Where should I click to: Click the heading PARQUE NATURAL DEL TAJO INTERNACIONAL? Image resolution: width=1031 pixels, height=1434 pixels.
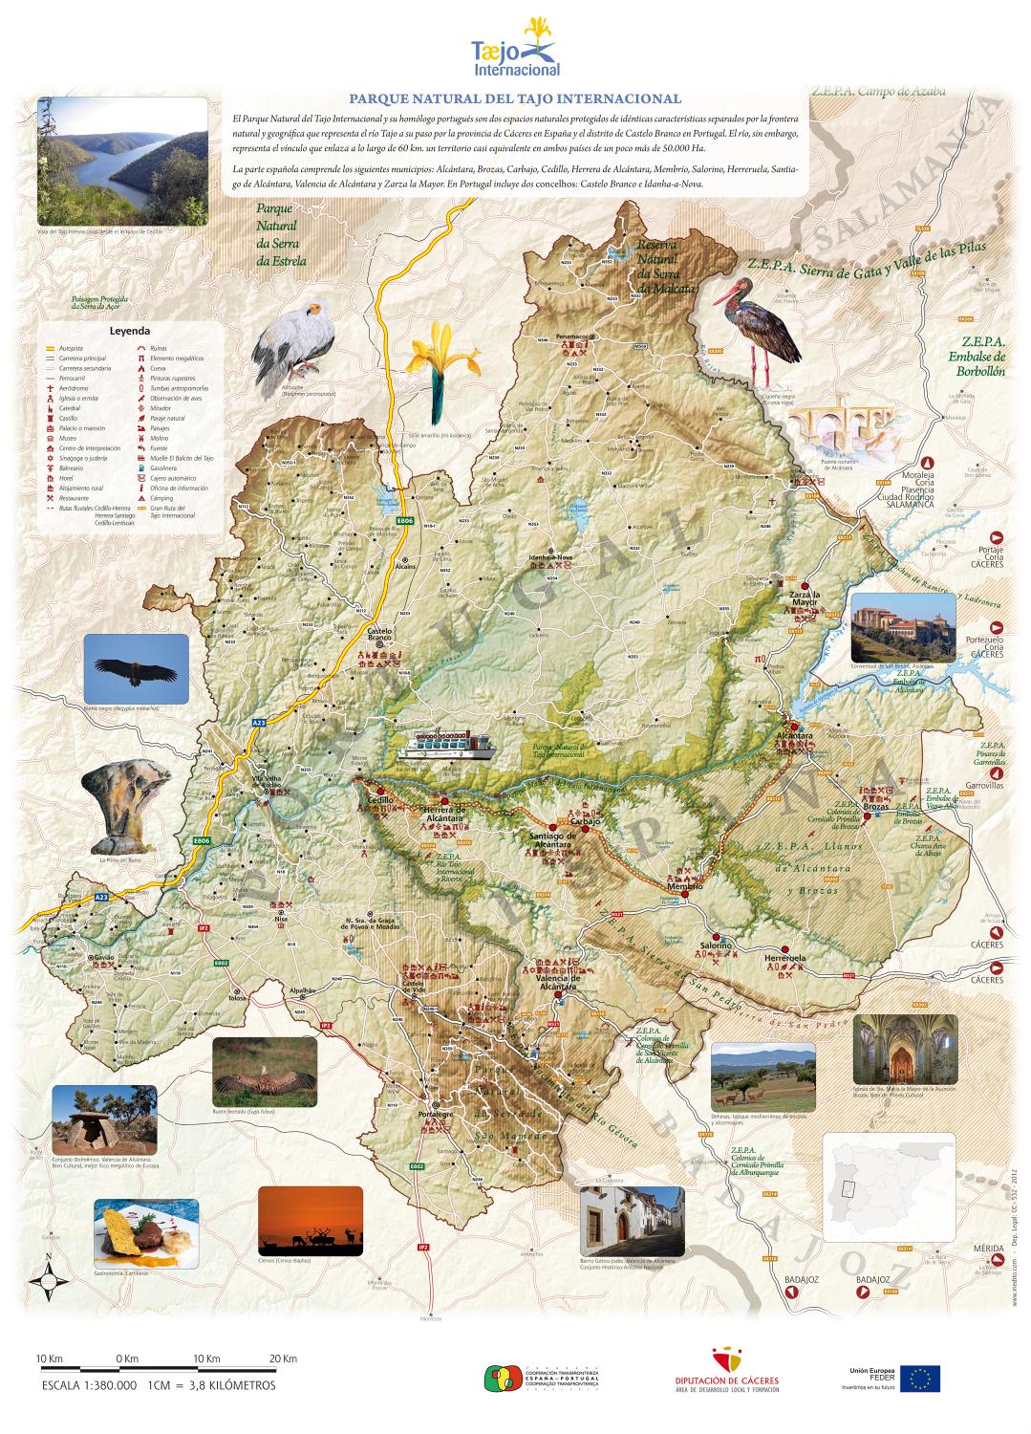515,98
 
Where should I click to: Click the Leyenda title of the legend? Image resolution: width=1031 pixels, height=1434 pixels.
130,331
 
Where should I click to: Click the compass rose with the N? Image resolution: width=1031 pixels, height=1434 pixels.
48,1277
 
